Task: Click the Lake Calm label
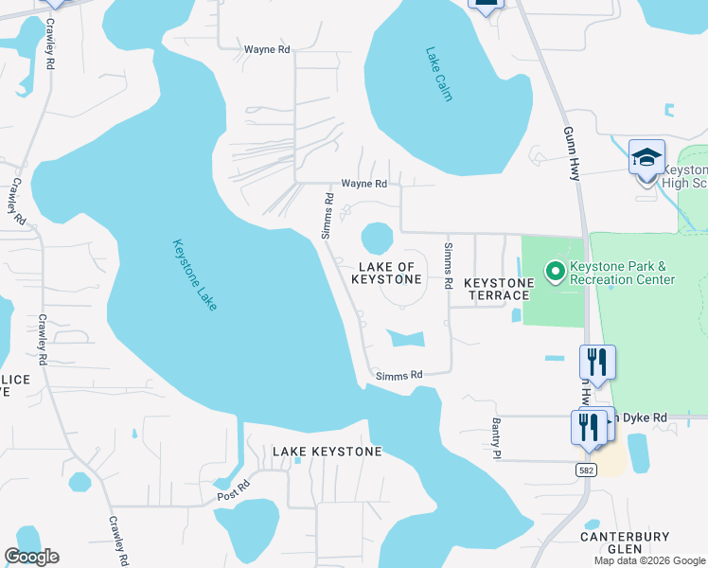pyautogui.click(x=440, y=75)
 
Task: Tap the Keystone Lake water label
pyautogui.click(x=195, y=275)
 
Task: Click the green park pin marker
pyautogui.click(x=554, y=273)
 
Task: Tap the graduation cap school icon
pyautogui.click(x=646, y=157)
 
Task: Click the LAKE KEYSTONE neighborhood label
pyautogui.click(x=327, y=452)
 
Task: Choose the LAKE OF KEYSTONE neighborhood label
pyautogui.click(x=386, y=273)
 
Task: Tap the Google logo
pyautogui.click(x=32, y=557)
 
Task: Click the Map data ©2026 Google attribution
pyautogui.click(x=648, y=560)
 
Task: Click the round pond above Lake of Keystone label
pyautogui.click(x=377, y=237)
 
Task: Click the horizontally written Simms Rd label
pyautogui.click(x=398, y=376)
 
